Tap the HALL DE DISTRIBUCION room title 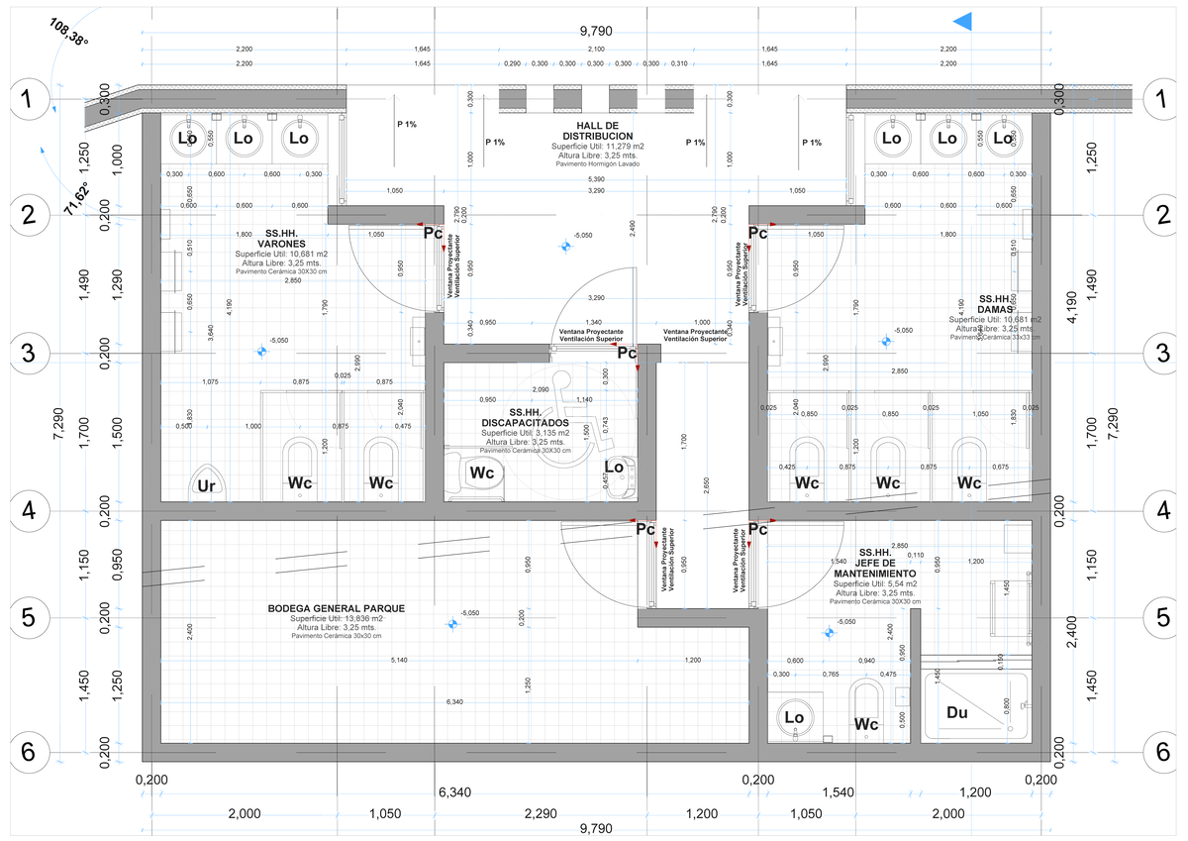597,130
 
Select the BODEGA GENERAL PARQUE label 336,608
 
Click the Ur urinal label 207,484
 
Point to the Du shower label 956,712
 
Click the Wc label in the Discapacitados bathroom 481,473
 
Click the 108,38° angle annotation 65,34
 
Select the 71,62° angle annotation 75,197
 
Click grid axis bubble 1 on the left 29,98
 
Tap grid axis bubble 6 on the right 1159,750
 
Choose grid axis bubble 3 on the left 29,353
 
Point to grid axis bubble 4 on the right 1159,511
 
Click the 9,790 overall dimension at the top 595,32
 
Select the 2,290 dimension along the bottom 542,813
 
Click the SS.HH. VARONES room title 280,238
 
